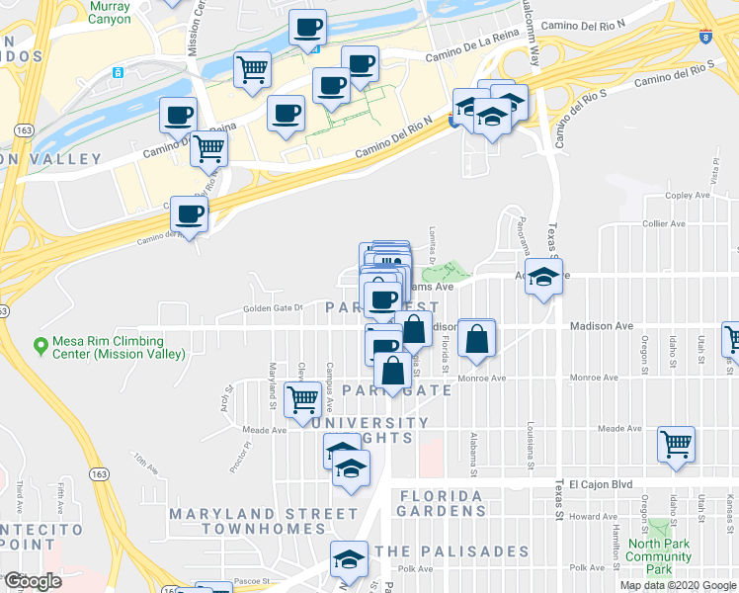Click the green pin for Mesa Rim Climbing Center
(41, 346)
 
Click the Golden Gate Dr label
(272, 308)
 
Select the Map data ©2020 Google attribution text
(678, 585)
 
